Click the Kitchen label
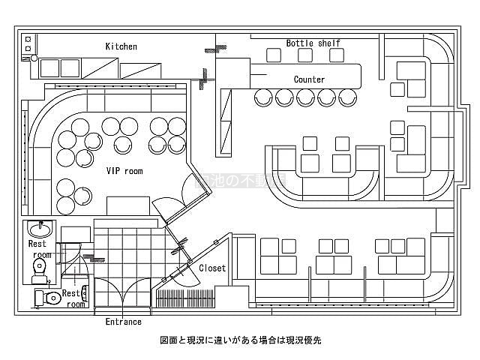tap(121, 46)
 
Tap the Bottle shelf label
tap(313, 43)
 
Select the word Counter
tap(309, 79)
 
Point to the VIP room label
tap(124, 171)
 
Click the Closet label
tap(212, 268)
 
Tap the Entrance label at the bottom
tap(124, 322)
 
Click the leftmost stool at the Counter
tap(264, 97)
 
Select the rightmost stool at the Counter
tap(346, 97)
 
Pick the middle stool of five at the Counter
tap(305, 97)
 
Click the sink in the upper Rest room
tap(38, 228)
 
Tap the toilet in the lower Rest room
tap(50, 298)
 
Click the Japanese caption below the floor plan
tap(240, 340)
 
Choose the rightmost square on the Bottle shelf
tap(337, 55)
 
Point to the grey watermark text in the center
tap(240, 180)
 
